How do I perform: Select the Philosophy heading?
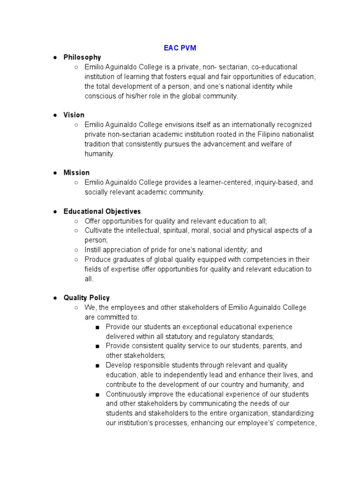(82, 57)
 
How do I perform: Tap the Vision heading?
(74, 115)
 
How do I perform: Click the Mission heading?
(76, 172)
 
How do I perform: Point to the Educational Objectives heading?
(102, 211)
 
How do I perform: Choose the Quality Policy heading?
(86, 298)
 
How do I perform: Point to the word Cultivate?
(98, 231)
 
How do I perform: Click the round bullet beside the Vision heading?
(55, 115)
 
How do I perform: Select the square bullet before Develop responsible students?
(97, 366)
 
